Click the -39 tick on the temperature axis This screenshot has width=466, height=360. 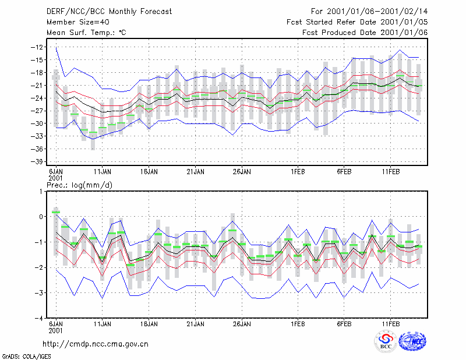pyautogui.click(x=37, y=161)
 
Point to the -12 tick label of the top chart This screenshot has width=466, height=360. pyautogui.click(x=37, y=47)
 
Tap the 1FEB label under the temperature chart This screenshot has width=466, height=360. pyautogui.click(x=298, y=172)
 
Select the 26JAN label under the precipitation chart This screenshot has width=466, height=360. pyautogui.click(x=242, y=324)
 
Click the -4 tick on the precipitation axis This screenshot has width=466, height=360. pyautogui.click(x=39, y=319)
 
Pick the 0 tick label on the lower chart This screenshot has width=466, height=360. pyautogui.click(x=41, y=217)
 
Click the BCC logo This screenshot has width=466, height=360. pyautogui.click(x=386, y=342)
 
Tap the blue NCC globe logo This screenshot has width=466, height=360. pyautogui.click(x=412, y=341)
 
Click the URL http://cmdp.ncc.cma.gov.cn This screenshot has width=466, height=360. pyautogui.click(x=96, y=344)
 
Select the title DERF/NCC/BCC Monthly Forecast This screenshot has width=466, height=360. pyautogui.click(x=109, y=12)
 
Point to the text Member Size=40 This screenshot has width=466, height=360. pyautogui.click(x=78, y=22)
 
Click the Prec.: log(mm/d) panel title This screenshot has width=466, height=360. pyautogui.click(x=79, y=185)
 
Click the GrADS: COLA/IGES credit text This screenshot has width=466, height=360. pyautogui.click(x=26, y=357)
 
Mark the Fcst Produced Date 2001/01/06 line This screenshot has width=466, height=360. pyautogui.click(x=365, y=33)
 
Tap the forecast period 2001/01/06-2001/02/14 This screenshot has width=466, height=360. pyautogui.click(x=377, y=12)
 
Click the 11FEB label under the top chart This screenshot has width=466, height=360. pyautogui.click(x=390, y=172)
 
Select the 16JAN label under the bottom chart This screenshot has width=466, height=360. pyautogui.click(x=149, y=324)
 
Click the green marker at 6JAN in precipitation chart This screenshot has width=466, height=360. pyautogui.click(x=56, y=212)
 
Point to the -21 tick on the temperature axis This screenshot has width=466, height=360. pyautogui.click(x=37, y=85)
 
